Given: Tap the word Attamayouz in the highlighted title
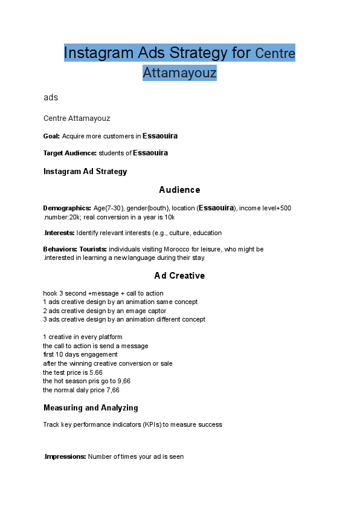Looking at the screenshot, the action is tap(179, 73).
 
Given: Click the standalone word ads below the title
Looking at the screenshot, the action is tap(51, 97).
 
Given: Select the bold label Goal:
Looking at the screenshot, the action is tap(51, 136).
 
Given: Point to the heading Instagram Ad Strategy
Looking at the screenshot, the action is tap(85, 172).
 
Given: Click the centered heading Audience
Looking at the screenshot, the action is tap(179, 190).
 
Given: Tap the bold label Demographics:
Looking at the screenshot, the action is tap(67, 208).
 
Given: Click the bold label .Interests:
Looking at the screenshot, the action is tap(59, 233).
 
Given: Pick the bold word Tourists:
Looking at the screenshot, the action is tap(93, 249).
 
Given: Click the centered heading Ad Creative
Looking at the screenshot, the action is tap(179, 276).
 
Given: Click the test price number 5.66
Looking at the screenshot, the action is tap(95, 373).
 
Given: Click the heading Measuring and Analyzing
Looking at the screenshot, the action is tap(91, 408).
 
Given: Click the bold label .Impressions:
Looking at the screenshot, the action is tap(65, 457).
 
